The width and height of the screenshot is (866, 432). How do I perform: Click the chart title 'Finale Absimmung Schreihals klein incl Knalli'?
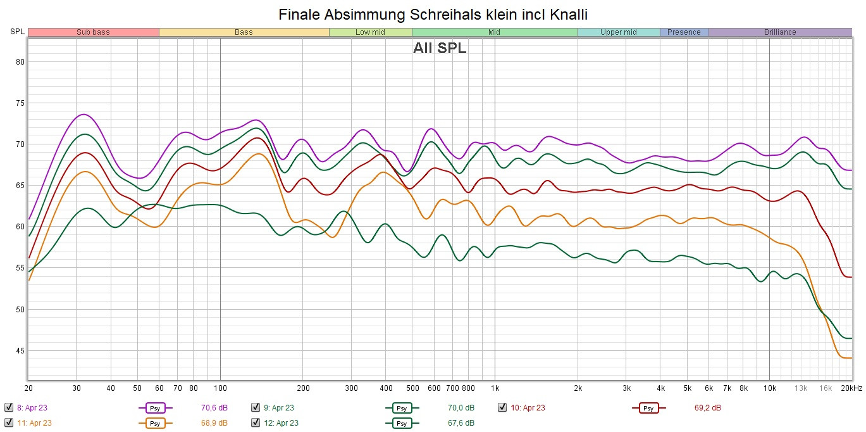(433, 14)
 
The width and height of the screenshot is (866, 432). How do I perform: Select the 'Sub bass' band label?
(93, 32)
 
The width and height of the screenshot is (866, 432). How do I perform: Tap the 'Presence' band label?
(684, 32)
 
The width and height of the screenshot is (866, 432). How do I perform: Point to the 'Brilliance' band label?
(780, 32)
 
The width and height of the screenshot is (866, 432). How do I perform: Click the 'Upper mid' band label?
(619, 32)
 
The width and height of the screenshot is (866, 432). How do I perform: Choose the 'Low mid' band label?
(370, 32)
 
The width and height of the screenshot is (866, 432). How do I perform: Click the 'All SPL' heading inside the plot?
(440, 48)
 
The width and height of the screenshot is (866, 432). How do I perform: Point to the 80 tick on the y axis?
(20, 62)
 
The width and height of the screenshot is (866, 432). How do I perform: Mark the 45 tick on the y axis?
(20, 351)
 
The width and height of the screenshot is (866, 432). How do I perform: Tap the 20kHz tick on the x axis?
(851, 388)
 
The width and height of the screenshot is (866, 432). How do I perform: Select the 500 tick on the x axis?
(412, 388)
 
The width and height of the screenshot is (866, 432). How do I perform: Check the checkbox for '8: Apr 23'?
(8, 408)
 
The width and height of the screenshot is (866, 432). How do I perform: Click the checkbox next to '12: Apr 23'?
(256, 422)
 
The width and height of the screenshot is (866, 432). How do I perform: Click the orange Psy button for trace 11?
(154, 423)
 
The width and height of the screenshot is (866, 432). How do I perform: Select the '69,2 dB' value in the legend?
(707, 408)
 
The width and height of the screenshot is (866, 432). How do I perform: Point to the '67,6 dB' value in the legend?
(461, 422)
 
